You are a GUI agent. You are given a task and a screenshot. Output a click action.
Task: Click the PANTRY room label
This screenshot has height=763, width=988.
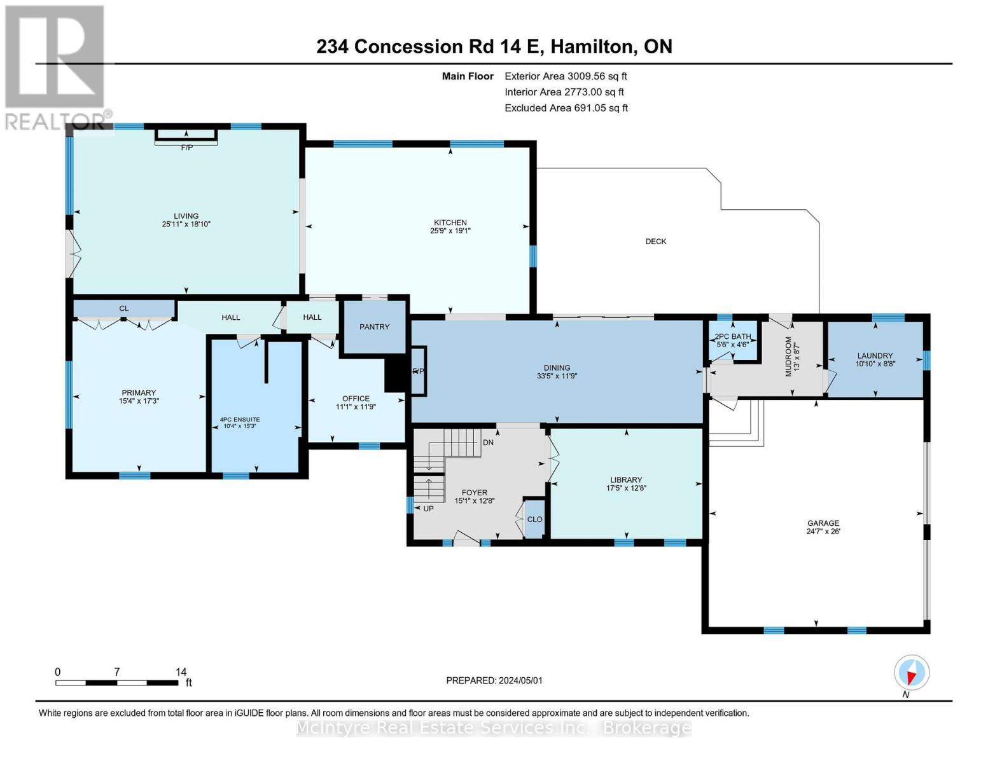pyautogui.click(x=373, y=327)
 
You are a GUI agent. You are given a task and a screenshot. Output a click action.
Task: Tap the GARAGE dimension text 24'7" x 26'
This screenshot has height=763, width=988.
pyautogui.click(x=823, y=531)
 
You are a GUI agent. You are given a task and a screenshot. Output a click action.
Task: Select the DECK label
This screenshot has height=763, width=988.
pyautogui.click(x=656, y=242)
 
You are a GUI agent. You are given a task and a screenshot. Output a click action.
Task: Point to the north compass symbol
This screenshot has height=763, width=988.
pyautogui.click(x=911, y=673)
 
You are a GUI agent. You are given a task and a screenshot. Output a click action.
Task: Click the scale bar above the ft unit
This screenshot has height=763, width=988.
pyautogui.click(x=117, y=682)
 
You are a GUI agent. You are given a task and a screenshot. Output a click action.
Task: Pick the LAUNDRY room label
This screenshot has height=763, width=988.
pyautogui.click(x=875, y=356)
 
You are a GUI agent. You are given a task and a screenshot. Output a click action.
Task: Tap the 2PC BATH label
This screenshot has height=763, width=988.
pyautogui.click(x=732, y=337)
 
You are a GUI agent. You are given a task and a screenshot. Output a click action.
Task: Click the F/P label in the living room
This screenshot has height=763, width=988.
pyautogui.click(x=187, y=148)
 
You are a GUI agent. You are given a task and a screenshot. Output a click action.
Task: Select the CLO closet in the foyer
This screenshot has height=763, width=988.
pyautogui.click(x=534, y=519)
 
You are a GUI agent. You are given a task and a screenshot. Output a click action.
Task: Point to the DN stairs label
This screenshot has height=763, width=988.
pyautogui.click(x=488, y=443)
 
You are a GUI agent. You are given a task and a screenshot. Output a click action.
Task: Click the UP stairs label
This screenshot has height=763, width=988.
pyautogui.click(x=428, y=509)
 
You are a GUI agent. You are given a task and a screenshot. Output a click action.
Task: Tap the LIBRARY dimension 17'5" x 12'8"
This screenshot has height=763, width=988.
pyautogui.click(x=626, y=488)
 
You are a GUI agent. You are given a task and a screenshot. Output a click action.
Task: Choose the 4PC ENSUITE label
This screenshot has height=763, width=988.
pyautogui.click(x=240, y=420)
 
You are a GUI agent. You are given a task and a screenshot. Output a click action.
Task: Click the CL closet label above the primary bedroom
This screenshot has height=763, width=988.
pyautogui.click(x=123, y=308)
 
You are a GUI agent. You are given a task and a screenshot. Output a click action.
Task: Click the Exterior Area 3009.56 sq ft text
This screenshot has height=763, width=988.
pyautogui.click(x=566, y=76)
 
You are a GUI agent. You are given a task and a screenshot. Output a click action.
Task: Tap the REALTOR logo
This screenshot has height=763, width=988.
pyautogui.click(x=57, y=68)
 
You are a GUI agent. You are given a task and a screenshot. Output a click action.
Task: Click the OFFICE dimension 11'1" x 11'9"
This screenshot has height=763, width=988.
pyautogui.click(x=356, y=407)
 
